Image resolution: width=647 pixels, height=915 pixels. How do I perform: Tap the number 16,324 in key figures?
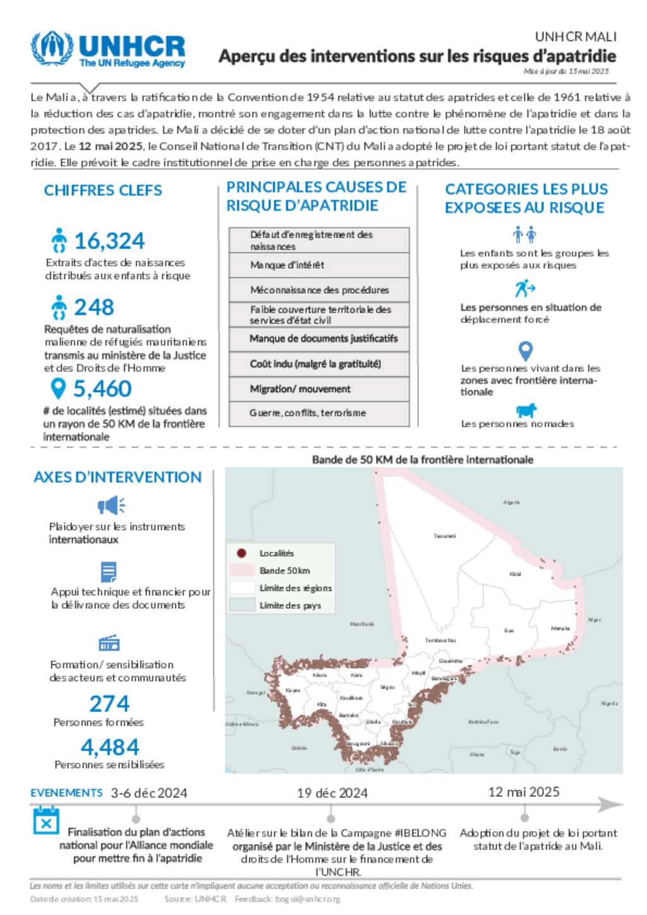(109, 241)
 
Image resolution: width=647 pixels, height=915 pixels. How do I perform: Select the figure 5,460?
(102, 389)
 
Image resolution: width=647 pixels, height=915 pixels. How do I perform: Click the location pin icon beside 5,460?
(58, 388)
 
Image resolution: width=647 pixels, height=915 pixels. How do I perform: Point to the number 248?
(94, 308)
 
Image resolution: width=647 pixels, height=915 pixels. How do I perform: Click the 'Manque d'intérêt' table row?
(319, 265)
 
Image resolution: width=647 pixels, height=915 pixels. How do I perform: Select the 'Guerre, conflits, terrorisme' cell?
(319, 413)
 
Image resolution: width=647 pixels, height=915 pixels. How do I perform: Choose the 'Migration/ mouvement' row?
(319, 389)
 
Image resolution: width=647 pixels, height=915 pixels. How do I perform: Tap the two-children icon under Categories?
(524, 236)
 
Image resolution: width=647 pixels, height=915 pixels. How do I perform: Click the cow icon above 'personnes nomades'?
(526, 410)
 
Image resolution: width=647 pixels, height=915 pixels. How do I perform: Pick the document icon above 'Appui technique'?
(109, 572)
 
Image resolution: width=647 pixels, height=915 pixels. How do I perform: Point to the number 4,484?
(110, 747)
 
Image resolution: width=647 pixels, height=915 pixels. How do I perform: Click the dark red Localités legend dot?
(241, 553)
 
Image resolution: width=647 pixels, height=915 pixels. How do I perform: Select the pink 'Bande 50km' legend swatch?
(241, 570)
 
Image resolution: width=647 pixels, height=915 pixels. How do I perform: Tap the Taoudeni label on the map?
(444, 536)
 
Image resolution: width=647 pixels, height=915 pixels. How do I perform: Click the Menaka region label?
(560, 628)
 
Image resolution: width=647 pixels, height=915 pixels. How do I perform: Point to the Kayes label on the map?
(293, 690)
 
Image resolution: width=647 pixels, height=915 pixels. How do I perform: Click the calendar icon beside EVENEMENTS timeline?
(46, 821)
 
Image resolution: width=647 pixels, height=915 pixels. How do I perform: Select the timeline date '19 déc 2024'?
(332, 793)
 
